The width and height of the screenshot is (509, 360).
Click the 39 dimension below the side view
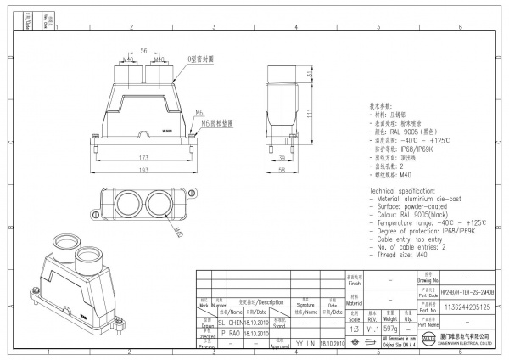[x=282, y=159]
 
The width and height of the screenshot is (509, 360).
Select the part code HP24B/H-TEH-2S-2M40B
[x=457, y=291]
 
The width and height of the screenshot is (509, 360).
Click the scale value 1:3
[x=354, y=330]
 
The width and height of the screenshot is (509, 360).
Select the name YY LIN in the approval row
[x=305, y=343]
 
